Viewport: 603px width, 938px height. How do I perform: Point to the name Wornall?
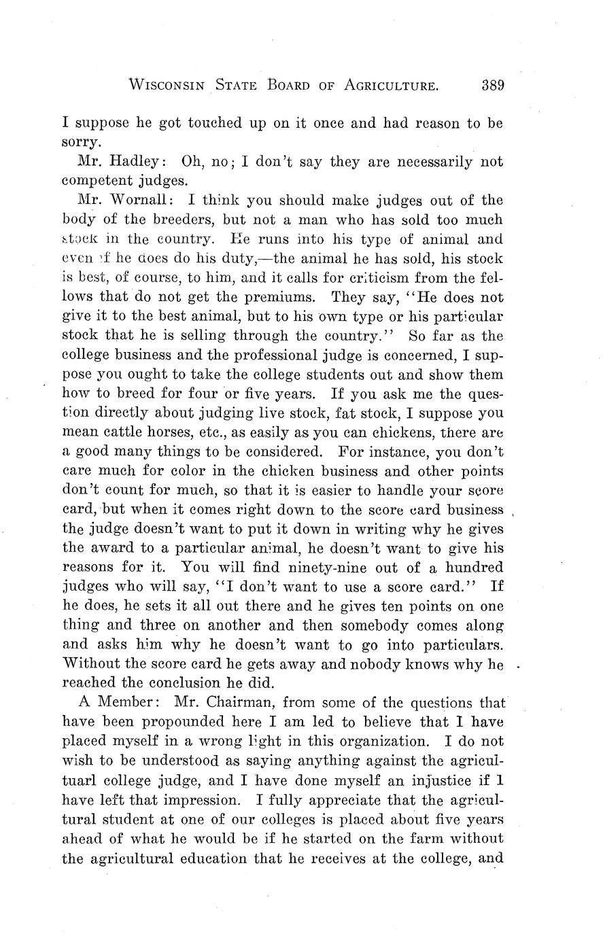click(x=133, y=201)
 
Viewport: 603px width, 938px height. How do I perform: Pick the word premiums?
click(x=275, y=297)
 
